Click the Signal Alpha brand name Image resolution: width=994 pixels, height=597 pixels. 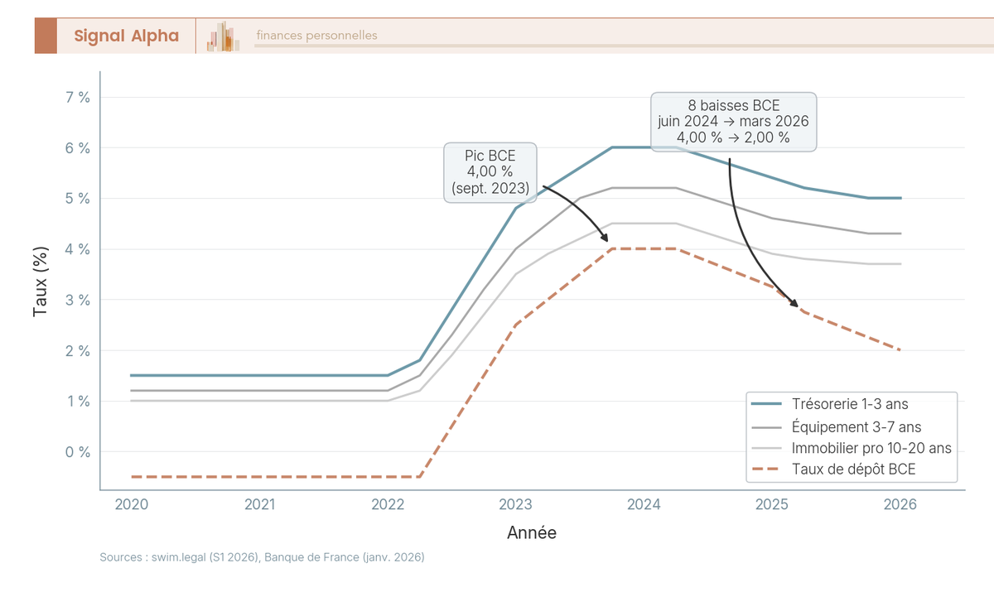pos(126,36)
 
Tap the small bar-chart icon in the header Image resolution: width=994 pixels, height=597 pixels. pos(224,37)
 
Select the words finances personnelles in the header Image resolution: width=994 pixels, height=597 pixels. pos(316,36)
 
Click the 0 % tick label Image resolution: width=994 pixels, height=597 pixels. pos(77,452)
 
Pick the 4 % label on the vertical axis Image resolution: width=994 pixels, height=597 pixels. pos(77,249)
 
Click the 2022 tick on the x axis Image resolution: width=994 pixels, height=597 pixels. pos(388,504)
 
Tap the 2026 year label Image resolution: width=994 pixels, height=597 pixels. pos(900,504)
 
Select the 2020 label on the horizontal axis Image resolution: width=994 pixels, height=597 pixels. pos(132,504)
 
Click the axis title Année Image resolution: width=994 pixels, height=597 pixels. pos(532,533)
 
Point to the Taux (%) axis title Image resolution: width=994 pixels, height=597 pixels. pos(40,282)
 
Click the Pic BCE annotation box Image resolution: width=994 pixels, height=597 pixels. pos(490,172)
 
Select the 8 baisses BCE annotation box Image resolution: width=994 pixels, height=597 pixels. pos(733,122)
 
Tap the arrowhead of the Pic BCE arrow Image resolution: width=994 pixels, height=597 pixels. pos(606,240)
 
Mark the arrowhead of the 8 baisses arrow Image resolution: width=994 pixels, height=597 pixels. pos(796,306)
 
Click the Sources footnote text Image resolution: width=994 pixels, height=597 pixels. pos(262,558)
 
